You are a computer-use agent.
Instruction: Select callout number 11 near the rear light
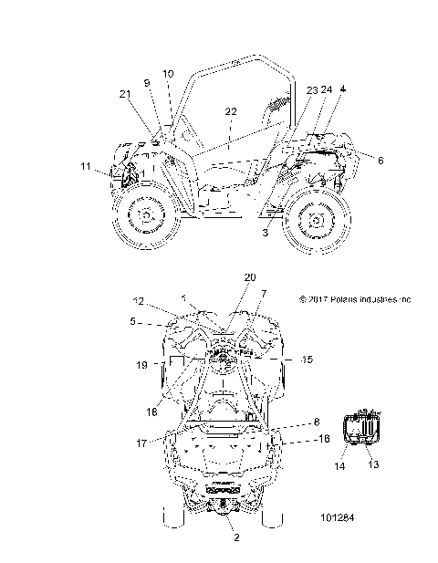point(85,167)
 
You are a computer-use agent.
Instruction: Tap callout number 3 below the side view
point(266,235)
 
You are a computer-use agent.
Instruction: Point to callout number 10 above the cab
point(168,73)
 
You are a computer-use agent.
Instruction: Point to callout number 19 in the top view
point(141,365)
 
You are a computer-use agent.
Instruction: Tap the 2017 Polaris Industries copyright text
point(356,298)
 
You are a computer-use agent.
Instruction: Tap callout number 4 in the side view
point(343,89)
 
